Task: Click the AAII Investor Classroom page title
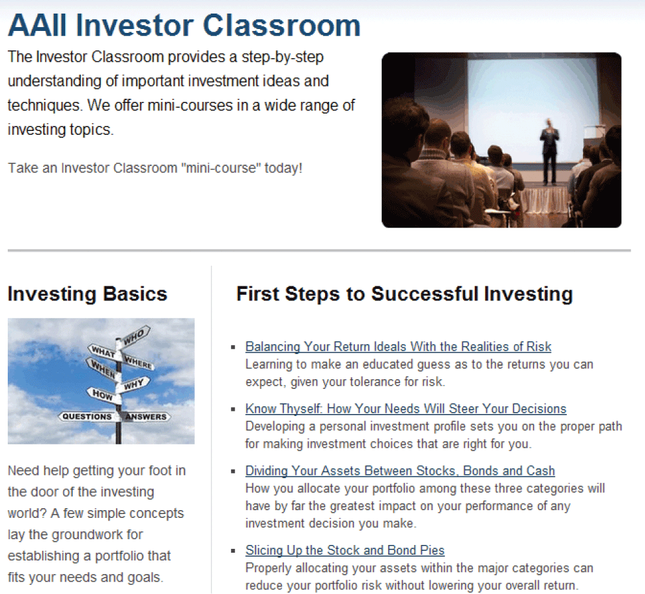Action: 184,26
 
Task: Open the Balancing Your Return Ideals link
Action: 398,347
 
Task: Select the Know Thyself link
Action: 406,409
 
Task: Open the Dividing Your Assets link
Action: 400,471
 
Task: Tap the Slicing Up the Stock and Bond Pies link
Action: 344,550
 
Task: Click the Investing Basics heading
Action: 88,294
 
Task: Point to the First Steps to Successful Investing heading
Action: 404,294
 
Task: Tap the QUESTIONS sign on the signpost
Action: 87,417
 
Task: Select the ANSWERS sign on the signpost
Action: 146,417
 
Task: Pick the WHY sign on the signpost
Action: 134,385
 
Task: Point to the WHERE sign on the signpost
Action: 138,362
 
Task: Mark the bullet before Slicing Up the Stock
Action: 233,551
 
